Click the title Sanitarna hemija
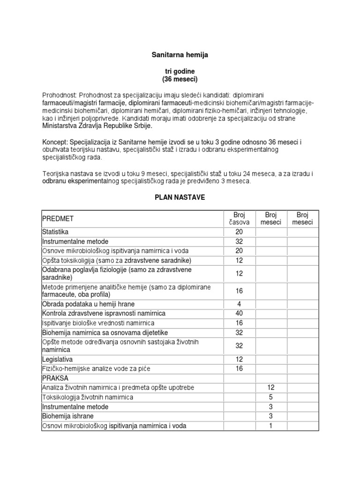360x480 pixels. (x=180, y=55)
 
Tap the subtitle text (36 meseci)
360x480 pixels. (x=180, y=78)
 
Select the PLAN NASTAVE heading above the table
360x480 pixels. (x=180, y=198)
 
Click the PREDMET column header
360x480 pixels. (x=58, y=218)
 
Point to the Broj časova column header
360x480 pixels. (x=239, y=218)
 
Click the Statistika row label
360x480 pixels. (x=55, y=232)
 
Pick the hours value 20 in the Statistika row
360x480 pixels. (x=239, y=232)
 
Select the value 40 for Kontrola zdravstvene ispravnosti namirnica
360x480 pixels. (x=239, y=313)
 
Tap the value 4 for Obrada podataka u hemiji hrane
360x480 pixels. (x=239, y=304)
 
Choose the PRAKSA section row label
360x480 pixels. (x=55, y=378)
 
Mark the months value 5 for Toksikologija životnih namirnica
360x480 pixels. (x=271, y=397)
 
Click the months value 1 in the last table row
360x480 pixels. (x=271, y=426)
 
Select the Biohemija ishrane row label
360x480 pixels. (x=68, y=416)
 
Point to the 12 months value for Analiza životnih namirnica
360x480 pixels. (x=271, y=388)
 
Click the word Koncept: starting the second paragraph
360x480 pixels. (x=55, y=142)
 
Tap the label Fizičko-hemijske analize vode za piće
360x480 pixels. (x=96, y=368)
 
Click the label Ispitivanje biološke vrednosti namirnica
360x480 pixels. (x=98, y=323)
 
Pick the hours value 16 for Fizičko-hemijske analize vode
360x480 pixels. (x=239, y=368)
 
